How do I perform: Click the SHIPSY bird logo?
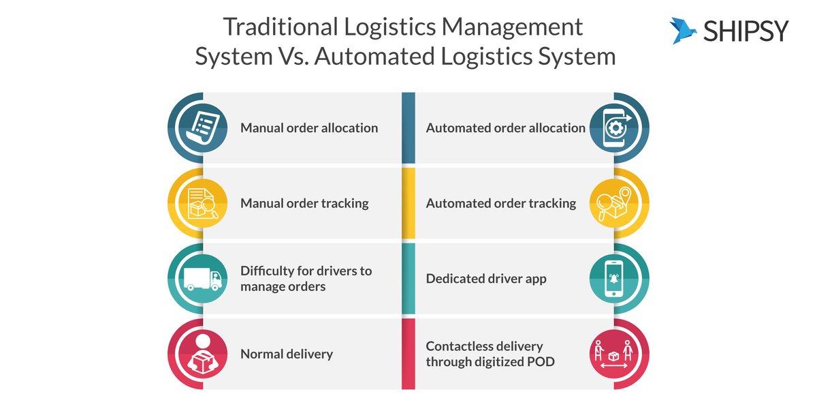[x=684, y=31]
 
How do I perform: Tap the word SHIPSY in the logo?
[x=746, y=31]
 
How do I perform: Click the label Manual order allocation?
[x=308, y=127]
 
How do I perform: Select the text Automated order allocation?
[x=505, y=127]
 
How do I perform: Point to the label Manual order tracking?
[x=304, y=203]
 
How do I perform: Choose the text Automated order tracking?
[x=500, y=203]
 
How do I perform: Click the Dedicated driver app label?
[x=485, y=278]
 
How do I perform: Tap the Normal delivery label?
[x=286, y=354]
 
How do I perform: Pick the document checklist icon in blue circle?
[x=201, y=127]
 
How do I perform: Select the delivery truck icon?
[x=202, y=279]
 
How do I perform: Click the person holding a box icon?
[x=201, y=354]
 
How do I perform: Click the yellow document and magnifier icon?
[x=201, y=203]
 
